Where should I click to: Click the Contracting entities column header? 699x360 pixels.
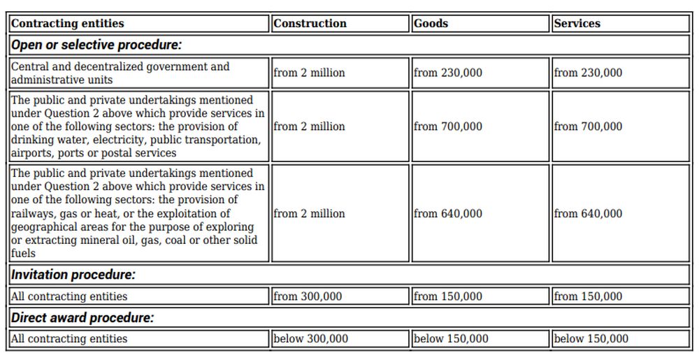[x=68, y=23]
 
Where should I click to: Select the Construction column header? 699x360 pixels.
[x=310, y=23]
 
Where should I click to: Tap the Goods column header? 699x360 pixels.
[x=431, y=23]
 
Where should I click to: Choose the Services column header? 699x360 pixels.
[x=577, y=23]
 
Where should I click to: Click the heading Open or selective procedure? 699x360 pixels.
[x=96, y=45]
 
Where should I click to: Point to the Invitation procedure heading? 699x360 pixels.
[x=73, y=275]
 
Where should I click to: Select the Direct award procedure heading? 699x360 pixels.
[x=82, y=317]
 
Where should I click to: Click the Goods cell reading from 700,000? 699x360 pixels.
[x=447, y=127]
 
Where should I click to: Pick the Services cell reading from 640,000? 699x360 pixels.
[x=588, y=213]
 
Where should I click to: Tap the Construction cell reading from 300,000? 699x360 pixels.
[x=308, y=296]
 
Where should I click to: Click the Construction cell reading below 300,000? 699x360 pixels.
[x=310, y=339]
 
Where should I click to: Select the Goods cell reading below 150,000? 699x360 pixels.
[x=451, y=339]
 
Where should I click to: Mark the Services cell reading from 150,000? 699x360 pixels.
[x=588, y=296]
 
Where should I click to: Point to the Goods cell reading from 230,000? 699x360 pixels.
[x=447, y=73]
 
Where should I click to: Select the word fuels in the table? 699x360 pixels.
[x=23, y=253]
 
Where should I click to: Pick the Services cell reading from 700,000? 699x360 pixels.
[x=588, y=127]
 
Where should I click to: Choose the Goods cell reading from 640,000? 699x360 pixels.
[x=447, y=213]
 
